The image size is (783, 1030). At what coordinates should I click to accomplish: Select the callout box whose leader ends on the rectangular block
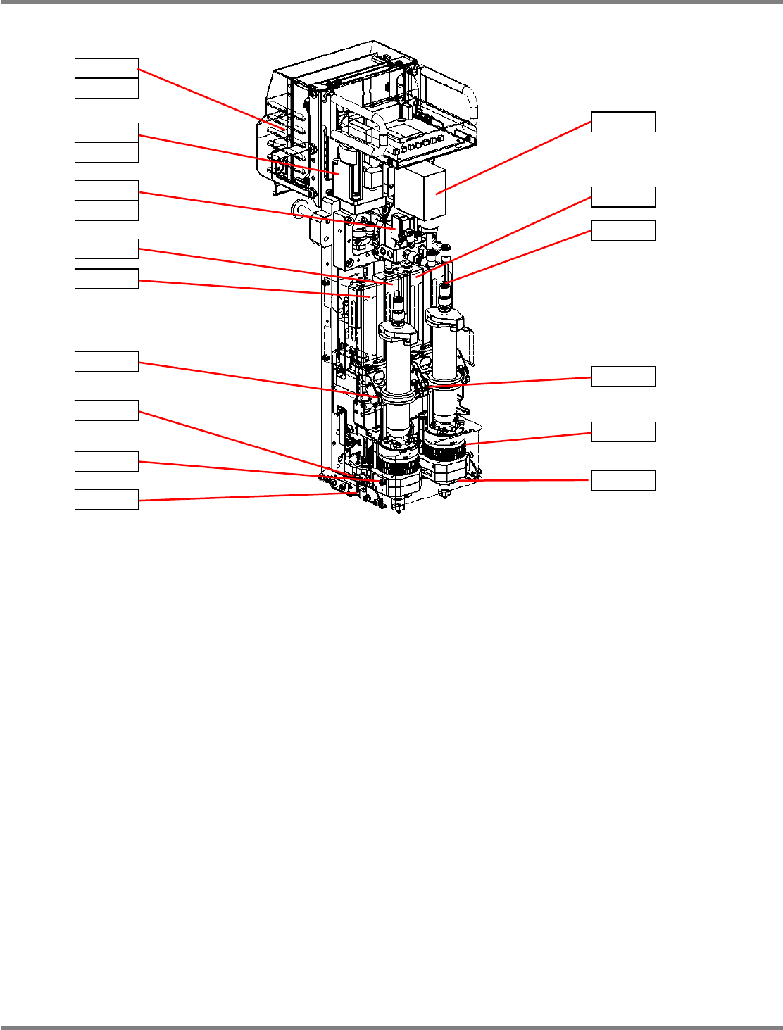[x=623, y=122]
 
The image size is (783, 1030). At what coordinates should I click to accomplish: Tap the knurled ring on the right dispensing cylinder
[x=446, y=451]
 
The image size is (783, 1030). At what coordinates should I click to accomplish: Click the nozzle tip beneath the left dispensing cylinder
[x=399, y=506]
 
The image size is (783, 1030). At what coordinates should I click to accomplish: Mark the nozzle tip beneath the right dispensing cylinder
[x=444, y=490]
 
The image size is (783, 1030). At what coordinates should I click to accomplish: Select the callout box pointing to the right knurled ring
[x=623, y=432]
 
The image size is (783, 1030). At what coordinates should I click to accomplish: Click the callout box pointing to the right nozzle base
[x=623, y=481]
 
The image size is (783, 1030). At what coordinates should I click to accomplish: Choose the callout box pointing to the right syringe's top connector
[x=623, y=230]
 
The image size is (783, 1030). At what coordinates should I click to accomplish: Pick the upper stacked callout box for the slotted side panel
[x=107, y=68]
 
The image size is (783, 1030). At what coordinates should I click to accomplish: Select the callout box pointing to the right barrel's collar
[x=623, y=377]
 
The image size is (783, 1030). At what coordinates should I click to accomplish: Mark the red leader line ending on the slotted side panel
[x=211, y=99]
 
